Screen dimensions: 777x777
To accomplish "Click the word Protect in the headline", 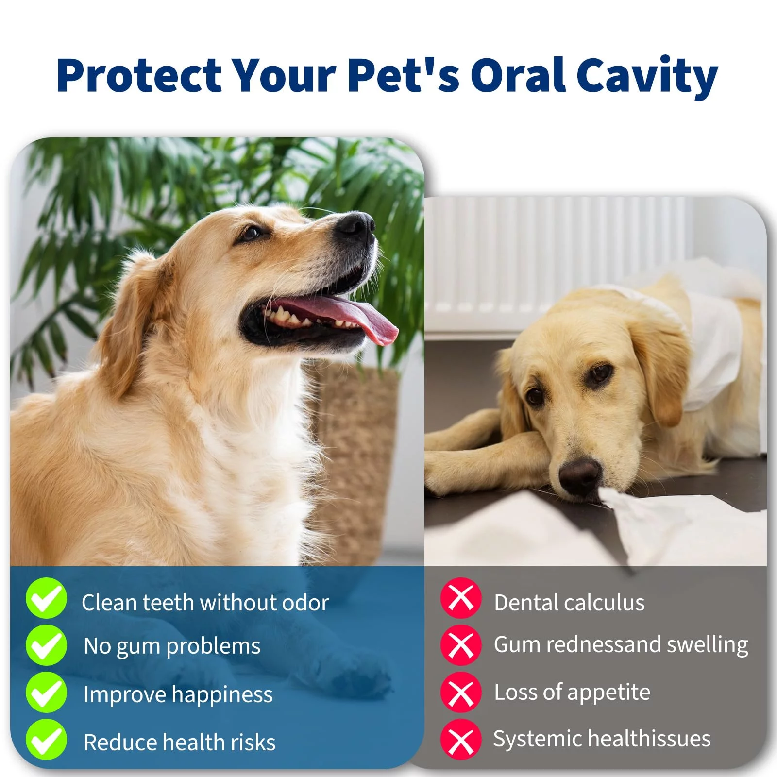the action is click(x=139, y=75).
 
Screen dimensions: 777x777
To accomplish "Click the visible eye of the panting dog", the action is click(x=251, y=233).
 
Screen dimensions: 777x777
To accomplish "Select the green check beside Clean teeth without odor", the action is click(x=46, y=598).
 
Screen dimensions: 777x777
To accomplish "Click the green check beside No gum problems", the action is click(x=46, y=645).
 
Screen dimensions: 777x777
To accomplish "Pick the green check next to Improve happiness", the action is click(x=46, y=692).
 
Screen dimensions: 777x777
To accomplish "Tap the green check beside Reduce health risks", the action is click(x=46, y=739).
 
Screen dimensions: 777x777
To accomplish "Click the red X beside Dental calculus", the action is click(x=461, y=598).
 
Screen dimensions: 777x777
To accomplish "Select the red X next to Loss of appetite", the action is click(x=461, y=692).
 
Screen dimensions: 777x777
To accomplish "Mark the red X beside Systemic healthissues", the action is click(x=461, y=739).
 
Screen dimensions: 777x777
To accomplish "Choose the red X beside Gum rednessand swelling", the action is click(x=461, y=645).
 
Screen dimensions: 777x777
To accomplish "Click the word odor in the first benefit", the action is click(x=305, y=603).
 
